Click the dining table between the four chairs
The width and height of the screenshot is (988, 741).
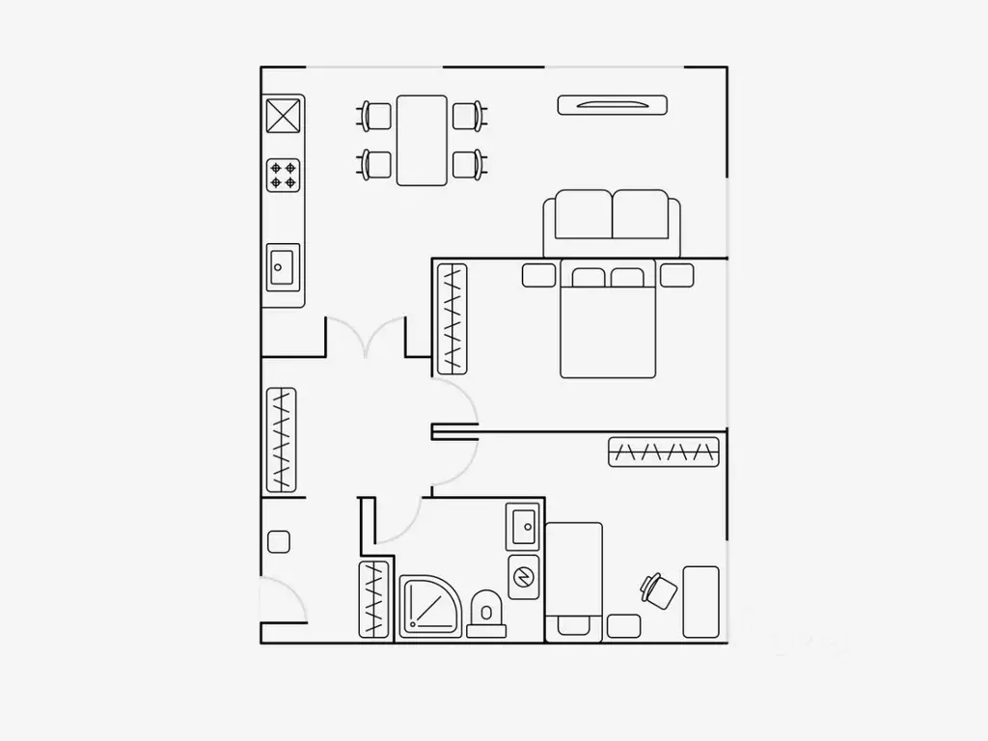pyautogui.click(x=422, y=140)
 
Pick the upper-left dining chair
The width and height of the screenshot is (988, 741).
pyautogui.click(x=375, y=116)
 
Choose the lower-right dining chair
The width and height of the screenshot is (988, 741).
pyautogui.click(x=468, y=164)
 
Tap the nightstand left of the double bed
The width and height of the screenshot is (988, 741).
pyautogui.click(x=538, y=275)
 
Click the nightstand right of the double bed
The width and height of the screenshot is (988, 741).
pyautogui.click(x=677, y=275)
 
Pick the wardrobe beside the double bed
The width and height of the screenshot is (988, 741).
pyautogui.click(x=451, y=318)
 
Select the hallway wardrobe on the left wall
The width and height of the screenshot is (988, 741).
pyautogui.click(x=282, y=441)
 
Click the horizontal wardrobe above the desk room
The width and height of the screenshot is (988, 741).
pyautogui.click(x=665, y=452)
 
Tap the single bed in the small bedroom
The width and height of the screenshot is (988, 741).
pyautogui.click(x=574, y=579)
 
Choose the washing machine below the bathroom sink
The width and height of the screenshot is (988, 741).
pyautogui.click(x=524, y=577)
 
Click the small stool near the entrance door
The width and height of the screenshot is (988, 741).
pyautogui.click(x=280, y=541)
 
